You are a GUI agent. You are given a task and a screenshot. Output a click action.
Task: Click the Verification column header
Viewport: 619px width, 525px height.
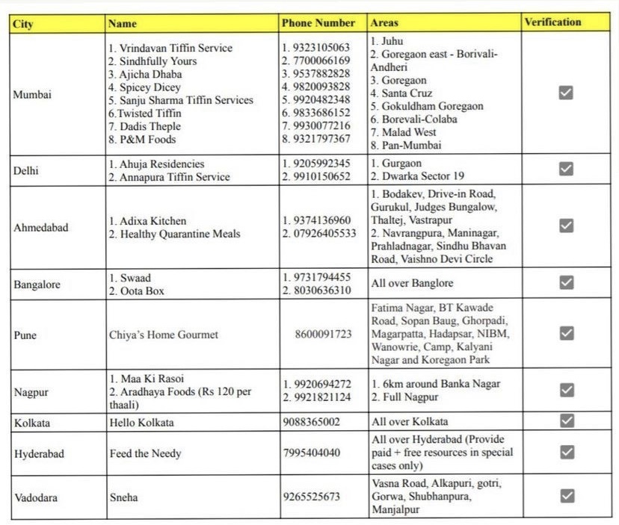click(x=552, y=22)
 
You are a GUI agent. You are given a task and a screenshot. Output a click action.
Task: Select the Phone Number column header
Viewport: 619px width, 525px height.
click(x=318, y=23)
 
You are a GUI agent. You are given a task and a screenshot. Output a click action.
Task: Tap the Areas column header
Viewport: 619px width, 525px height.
click(x=384, y=23)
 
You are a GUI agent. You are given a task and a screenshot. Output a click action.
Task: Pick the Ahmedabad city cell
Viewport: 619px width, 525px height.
click(x=40, y=228)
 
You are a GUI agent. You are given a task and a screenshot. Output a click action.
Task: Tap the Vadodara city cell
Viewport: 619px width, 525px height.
click(x=36, y=497)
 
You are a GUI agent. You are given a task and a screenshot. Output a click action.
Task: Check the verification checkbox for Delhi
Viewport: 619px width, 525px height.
click(x=566, y=169)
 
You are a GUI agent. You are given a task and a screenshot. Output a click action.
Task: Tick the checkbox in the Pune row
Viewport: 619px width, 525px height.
click(x=566, y=332)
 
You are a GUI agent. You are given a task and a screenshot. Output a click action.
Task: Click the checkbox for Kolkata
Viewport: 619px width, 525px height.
click(x=566, y=420)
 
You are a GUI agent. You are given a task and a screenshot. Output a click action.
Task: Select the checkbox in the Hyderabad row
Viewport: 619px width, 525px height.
click(x=566, y=452)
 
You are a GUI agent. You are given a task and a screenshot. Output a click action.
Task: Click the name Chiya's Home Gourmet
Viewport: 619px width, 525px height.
click(x=164, y=335)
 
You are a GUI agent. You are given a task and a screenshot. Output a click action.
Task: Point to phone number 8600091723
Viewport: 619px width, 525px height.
click(x=323, y=335)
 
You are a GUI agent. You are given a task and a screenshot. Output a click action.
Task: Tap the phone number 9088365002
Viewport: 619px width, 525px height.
click(x=311, y=422)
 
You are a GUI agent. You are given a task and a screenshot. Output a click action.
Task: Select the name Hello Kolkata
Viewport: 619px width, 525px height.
click(x=141, y=423)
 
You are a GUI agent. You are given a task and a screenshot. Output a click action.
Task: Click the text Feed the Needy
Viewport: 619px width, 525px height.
click(x=145, y=453)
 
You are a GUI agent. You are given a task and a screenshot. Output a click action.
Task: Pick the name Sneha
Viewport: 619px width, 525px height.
click(x=123, y=497)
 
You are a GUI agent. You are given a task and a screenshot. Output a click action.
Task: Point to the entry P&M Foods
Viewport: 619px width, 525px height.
click(x=147, y=139)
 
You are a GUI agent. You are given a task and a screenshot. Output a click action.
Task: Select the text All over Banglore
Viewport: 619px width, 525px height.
click(x=412, y=284)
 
